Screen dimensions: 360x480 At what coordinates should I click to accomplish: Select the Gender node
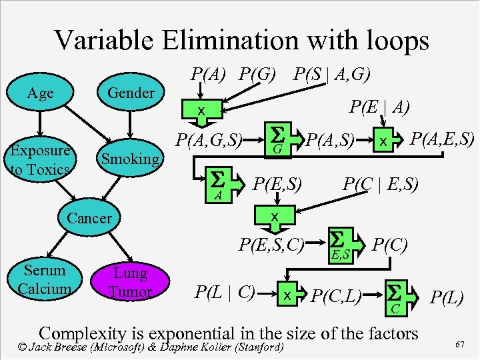click(131, 93)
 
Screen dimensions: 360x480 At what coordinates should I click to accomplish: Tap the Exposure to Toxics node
click(40, 160)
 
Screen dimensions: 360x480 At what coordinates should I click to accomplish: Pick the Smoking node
click(131, 159)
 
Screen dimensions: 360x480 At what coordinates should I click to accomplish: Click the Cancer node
click(89, 217)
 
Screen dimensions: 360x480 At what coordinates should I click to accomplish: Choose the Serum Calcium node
click(45, 279)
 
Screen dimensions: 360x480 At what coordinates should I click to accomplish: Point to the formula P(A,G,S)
click(208, 140)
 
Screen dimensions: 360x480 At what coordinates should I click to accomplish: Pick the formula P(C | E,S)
click(380, 183)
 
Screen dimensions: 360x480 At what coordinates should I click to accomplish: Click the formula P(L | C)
click(224, 291)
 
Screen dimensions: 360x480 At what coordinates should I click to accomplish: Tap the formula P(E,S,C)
click(271, 245)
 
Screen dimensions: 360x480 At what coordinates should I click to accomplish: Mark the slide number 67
click(459, 345)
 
